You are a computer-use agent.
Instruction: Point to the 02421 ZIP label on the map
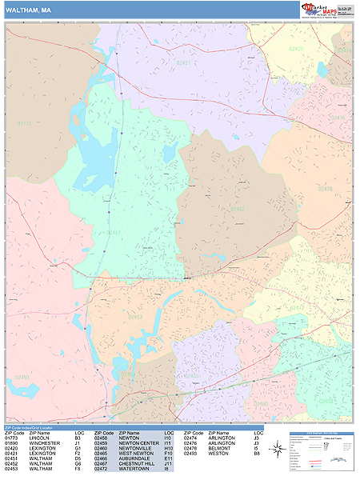pos(184,62)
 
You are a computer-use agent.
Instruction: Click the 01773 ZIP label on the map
pos(24,123)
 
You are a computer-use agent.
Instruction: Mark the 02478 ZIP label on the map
pos(325,189)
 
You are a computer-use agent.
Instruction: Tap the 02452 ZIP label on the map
pos(238,209)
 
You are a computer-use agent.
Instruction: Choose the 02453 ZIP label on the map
pos(135,317)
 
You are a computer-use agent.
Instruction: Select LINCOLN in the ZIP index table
pos(39,438)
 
